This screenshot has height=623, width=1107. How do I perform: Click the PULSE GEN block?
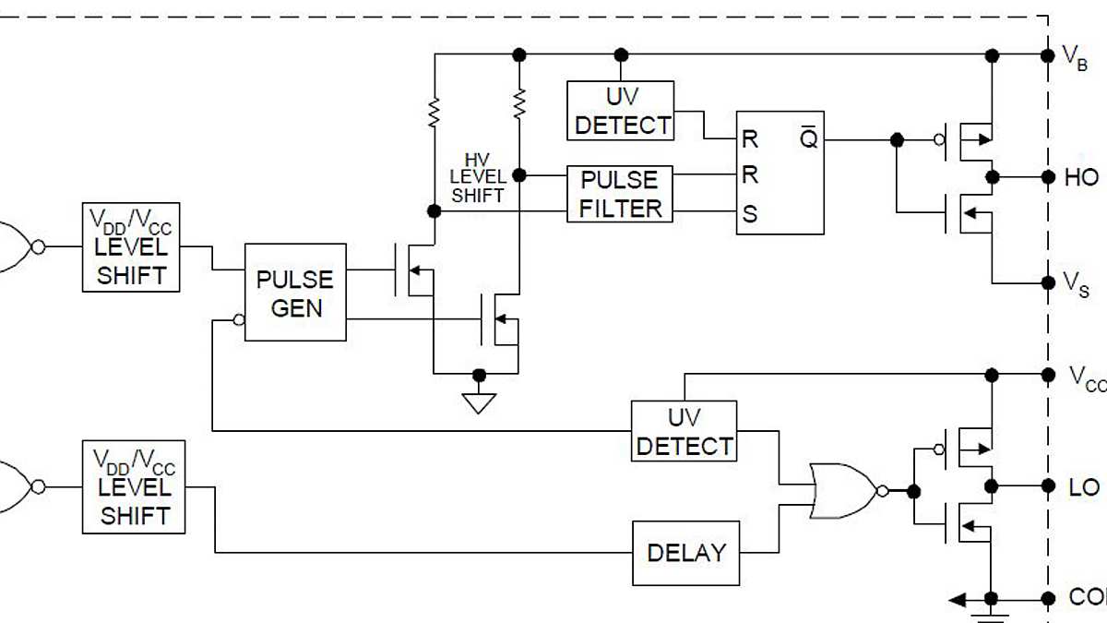(x=295, y=293)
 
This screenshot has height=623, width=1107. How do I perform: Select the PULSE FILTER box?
(x=620, y=194)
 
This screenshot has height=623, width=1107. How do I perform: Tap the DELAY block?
(x=685, y=553)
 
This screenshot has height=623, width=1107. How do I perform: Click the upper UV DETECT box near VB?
(x=620, y=111)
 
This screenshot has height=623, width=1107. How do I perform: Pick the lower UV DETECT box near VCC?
(x=684, y=431)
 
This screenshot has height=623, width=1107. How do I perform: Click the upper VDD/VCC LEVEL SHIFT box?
(x=131, y=247)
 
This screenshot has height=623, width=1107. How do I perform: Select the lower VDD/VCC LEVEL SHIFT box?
(x=133, y=488)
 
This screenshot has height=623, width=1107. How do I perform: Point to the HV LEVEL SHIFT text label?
(x=477, y=178)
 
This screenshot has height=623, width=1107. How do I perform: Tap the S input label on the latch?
(x=750, y=214)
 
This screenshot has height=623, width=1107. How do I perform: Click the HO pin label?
(x=1081, y=178)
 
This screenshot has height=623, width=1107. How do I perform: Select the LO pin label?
(x=1083, y=487)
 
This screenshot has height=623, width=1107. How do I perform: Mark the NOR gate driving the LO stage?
(x=841, y=491)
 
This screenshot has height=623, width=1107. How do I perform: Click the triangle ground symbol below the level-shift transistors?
(x=478, y=402)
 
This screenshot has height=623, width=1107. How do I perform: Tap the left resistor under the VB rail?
(x=432, y=113)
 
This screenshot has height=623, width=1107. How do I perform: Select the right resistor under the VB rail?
(x=519, y=103)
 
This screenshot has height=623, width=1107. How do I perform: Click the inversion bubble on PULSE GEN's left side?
(x=239, y=320)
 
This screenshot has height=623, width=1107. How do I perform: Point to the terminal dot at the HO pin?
(x=1047, y=176)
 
